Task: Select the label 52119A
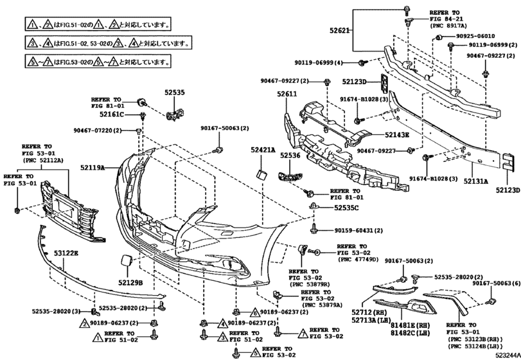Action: (94, 167)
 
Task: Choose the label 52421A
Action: (263, 150)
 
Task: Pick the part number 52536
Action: (290, 156)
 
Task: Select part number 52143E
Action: (397, 135)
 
